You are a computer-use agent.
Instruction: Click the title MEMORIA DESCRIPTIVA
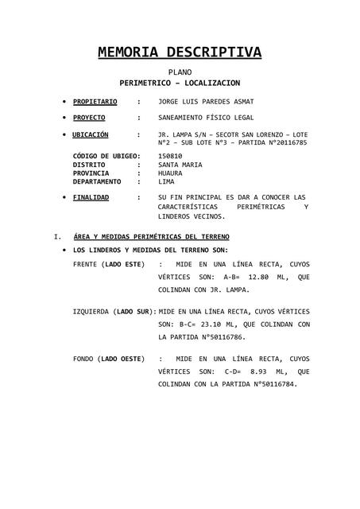click(x=180, y=52)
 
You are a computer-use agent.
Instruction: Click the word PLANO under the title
click(x=180, y=72)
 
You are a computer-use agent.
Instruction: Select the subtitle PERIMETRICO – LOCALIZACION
click(x=180, y=83)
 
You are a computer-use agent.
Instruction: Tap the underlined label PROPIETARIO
click(x=95, y=102)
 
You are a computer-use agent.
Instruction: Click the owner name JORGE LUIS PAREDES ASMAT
click(x=206, y=102)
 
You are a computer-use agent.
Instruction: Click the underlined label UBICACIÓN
click(x=91, y=134)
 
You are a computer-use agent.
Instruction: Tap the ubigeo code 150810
click(x=170, y=157)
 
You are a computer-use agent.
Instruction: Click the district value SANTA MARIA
click(x=180, y=165)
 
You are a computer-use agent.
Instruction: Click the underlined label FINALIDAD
click(x=91, y=196)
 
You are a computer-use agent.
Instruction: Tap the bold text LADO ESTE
click(x=123, y=262)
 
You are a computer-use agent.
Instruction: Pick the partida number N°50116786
click(x=234, y=337)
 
